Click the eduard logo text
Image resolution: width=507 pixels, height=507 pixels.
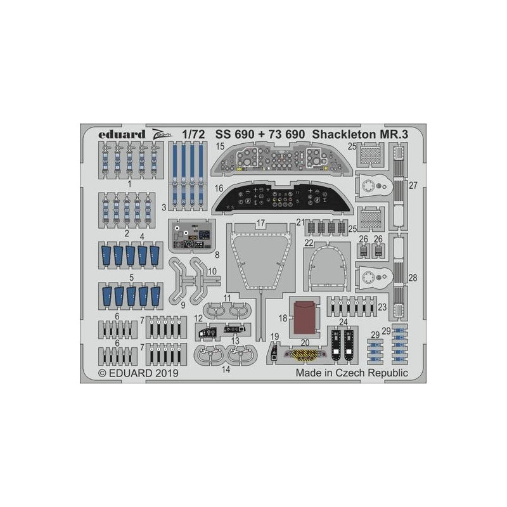tap(122, 134)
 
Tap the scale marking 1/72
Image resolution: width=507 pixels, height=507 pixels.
tap(193, 134)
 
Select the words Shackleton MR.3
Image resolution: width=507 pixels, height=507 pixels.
tap(360, 134)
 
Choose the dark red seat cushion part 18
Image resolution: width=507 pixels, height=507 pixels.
tap(305, 317)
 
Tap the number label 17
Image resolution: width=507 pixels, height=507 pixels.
tap(260, 223)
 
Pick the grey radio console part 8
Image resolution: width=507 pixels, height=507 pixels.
tap(192, 236)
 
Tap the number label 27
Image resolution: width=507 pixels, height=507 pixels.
tap(413, 185)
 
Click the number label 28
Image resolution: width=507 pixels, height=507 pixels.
tap(413, 278)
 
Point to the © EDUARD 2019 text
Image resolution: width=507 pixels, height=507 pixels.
tap(138, 373)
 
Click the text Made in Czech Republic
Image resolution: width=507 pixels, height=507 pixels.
tap(352, 373)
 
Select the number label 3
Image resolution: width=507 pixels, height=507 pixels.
tap(164, 207)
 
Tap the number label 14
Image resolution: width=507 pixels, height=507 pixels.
tap(226, 369)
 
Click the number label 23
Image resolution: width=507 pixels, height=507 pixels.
tap(382, 307)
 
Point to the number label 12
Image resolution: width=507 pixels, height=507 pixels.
tap(198, 319)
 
